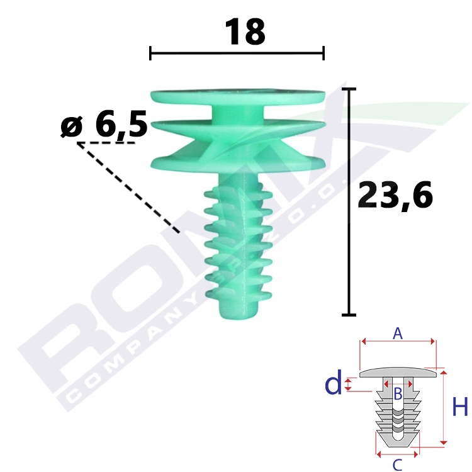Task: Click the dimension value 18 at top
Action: click(x=245, y=31)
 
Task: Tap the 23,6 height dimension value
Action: click(x=395, y=195)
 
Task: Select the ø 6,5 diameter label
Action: click(x=104, y=124)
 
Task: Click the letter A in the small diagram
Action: click(x=398, y=334)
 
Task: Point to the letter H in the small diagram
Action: click(x=460, y=407)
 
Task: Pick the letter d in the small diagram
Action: click(x=334, y=382)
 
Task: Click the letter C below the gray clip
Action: click(x=397, y=465)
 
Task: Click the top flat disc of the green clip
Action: click(x=238, y=96)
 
